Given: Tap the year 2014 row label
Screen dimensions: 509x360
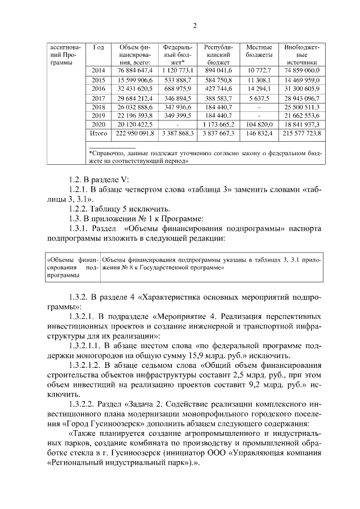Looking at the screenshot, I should (x=98, y=71).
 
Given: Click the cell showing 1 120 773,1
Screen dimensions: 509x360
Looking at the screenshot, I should (x=178, y=71).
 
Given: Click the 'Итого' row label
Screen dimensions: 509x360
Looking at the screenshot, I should (x=98, y=134).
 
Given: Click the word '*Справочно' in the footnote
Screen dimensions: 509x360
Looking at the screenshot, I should (x=107, y=152).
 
